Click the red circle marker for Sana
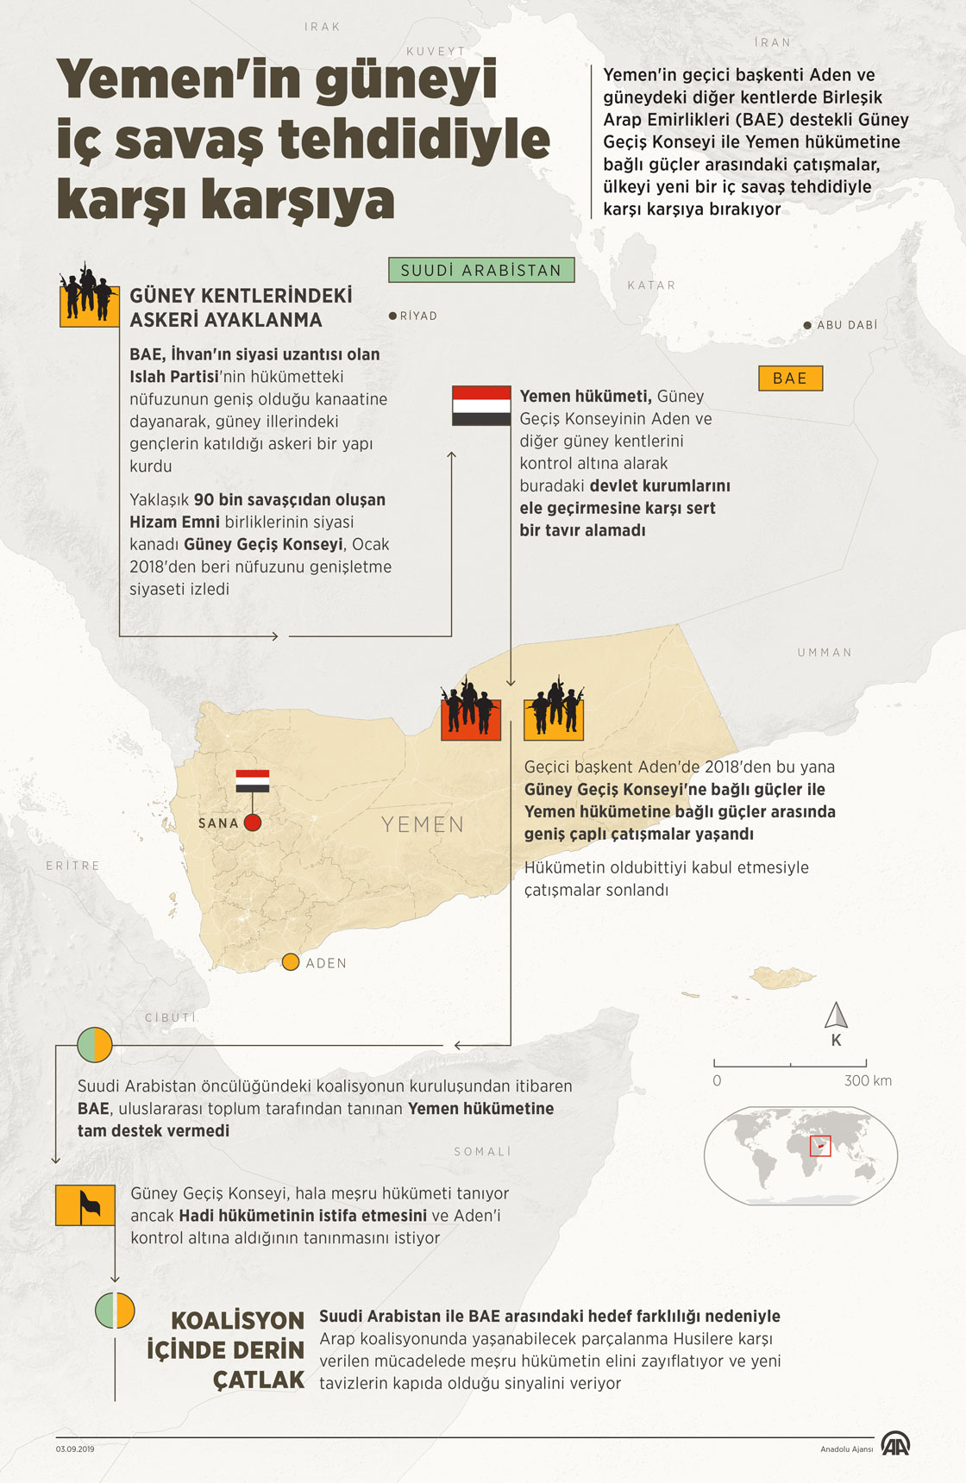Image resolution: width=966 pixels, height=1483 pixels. tap(253, 823)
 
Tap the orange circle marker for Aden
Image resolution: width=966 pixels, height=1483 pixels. tap(291, 962)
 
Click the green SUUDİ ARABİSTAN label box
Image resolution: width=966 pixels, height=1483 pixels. tap(481, 270)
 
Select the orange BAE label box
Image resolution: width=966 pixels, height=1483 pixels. tap(790, 379)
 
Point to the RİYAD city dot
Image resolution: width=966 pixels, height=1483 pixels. tap(392, 316)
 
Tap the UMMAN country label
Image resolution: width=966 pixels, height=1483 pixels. tap(825, 653)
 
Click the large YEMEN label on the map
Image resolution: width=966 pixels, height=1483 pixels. tap(423, 824)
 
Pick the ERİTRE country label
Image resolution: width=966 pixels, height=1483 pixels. tap(73, 865)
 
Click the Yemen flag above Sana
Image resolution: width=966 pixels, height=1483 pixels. tap(253, 780)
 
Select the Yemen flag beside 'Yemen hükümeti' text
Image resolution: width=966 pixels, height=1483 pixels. tap(481, 405)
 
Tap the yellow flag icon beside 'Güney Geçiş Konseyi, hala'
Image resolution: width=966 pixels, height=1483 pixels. tap(85, 1205)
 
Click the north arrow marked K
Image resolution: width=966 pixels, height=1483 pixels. tap(836, 1017)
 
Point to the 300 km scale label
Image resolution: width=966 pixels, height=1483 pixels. tap(868, 1080)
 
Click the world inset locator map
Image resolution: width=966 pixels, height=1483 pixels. tap(800, 1155)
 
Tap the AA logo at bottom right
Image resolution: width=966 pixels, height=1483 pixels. tap(894, 1443)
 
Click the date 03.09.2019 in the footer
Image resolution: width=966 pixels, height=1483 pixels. tap(75, 1449)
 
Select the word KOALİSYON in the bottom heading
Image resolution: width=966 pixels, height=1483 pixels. tap(237, 1320)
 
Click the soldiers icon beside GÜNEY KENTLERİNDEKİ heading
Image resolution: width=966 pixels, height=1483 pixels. tap(89, 297)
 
